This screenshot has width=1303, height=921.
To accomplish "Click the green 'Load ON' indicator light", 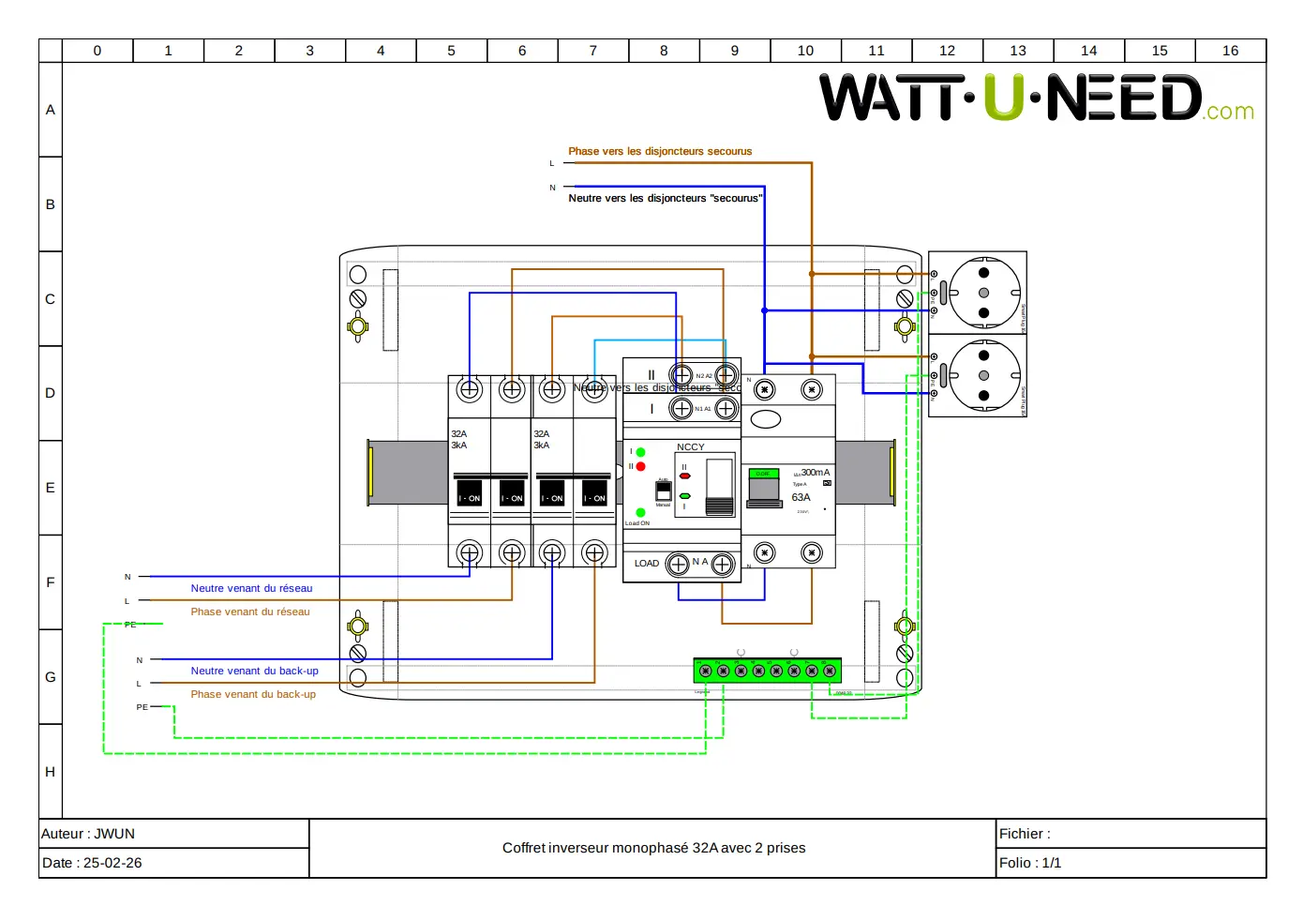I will click(640, 513).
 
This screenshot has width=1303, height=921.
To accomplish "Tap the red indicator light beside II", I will click(640, 466).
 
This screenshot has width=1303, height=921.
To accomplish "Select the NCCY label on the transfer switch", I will click(690, 447).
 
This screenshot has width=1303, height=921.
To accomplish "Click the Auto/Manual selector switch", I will click(663, 491).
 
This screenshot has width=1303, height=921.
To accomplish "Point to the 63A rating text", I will click(801, 498).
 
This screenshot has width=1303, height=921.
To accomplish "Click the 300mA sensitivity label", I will click(815, 473).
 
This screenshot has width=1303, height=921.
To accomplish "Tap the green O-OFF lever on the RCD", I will click(764, 475).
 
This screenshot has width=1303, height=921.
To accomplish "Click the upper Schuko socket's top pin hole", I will click(983, 273).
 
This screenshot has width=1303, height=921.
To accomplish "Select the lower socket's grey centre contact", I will click(983, 375).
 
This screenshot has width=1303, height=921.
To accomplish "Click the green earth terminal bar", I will click(767, 671).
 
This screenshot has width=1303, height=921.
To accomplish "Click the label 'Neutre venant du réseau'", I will click(251, 589).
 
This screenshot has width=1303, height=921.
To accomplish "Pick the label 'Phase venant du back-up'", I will click(253, 695).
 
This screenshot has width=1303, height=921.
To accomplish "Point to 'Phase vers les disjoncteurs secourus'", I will click(660, 151).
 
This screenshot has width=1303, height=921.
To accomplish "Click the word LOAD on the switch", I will click(647, 564).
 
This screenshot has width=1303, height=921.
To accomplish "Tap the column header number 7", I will click(592, 51).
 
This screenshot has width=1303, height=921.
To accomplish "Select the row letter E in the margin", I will click(51, 488).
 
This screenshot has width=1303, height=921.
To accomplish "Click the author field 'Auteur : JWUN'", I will click(88, 834).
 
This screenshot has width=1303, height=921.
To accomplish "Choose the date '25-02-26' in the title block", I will click(112, 863).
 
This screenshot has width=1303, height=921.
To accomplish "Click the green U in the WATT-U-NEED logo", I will click(1004, 98).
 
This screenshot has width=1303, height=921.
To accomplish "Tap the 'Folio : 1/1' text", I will click(1030, 863).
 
